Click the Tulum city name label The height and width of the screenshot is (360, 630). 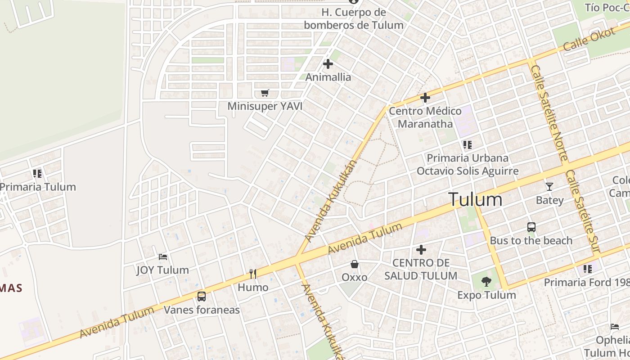(475, 199)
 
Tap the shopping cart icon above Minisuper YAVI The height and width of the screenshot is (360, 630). (265, 93)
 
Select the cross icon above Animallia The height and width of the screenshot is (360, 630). (328, 64)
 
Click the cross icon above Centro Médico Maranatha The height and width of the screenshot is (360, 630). (425, 98)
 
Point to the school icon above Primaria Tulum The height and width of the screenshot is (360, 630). (37, 173)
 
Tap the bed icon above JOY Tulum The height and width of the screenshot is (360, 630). (163, 257)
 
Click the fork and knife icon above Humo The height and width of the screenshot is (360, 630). (253, 274)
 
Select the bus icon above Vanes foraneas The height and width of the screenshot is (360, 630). (202, 297)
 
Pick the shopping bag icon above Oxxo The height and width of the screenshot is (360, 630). (355, 264)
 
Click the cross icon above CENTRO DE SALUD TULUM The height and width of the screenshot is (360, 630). (421, 249)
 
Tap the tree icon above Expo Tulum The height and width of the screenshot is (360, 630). (486, 282)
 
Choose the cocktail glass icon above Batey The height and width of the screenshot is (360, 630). (549, 187)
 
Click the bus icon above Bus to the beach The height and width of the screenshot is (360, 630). (531, 227)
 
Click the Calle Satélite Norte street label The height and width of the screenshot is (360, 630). (549, 112)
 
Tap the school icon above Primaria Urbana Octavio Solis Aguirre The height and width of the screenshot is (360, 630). (468, 145)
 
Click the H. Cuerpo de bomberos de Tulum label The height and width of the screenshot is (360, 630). (354, 19)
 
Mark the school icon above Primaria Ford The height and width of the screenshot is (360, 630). (588, 269)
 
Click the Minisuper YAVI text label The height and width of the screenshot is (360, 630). (265, 106)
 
